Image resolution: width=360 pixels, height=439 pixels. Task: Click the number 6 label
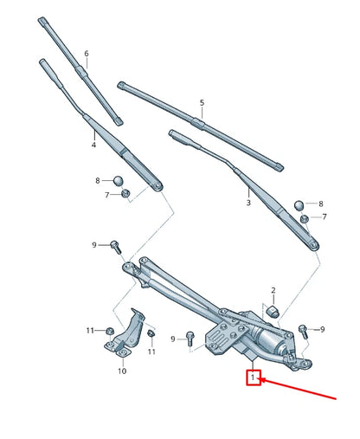pos(87,55)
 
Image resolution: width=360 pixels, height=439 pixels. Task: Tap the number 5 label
pos(202,103)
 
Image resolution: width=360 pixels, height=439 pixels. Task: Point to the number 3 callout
pos(248,203)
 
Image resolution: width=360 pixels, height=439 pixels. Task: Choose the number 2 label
pos(273,290)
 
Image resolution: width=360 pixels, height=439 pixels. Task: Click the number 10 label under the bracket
pos(122,371)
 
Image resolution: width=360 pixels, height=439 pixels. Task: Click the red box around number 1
pos(254,378)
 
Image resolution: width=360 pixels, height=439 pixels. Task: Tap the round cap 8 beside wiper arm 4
pos(119,181)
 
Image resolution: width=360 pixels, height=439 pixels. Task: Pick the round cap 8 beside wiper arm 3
pos(300,205)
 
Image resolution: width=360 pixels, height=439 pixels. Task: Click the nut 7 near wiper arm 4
pos(125,194)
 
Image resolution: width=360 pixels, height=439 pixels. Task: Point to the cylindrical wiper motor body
pos(270,345)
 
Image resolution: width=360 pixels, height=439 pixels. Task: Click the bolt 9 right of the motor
pos(303,330)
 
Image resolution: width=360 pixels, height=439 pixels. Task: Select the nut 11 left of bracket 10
pos(111,331)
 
